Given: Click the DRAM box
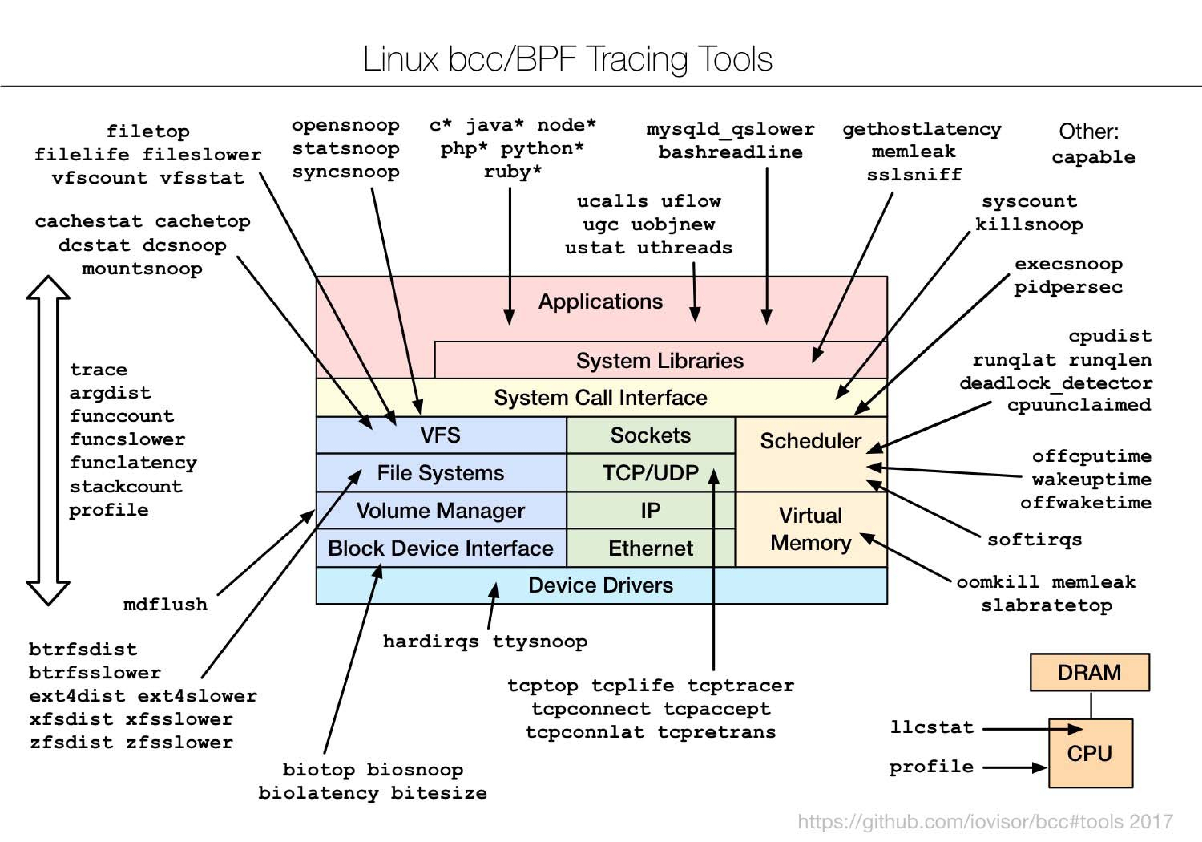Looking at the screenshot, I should (x=1089, y=672).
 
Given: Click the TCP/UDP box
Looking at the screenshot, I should (x=650, y=473).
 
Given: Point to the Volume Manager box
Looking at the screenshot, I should (x=440, y=510).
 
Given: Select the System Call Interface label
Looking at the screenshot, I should (x=600, y=398).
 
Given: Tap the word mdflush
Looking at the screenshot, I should (x=165, y=605).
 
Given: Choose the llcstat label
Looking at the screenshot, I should (x=932, y=727).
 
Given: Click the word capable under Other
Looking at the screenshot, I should (x=1093, y=157).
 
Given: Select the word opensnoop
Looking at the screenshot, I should (x=345, y=126).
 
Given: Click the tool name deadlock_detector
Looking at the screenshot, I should (x=1055, y=383).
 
